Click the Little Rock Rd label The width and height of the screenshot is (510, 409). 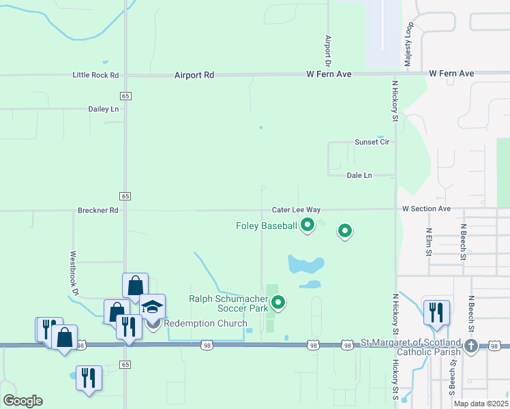(x=95, y=75)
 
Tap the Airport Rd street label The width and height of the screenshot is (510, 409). (x=194, y=75)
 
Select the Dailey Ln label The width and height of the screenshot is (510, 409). (x=104, y=109)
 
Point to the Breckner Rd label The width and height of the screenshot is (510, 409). (x=98, y=211)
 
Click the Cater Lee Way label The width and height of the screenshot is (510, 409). (x=296, y=210)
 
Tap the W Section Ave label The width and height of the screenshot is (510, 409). (x=426, y=209)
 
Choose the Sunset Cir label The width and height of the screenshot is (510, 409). (x=372, y=142)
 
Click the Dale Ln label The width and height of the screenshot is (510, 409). (x=359, y=175)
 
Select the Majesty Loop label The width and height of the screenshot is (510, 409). (x=409, y=44)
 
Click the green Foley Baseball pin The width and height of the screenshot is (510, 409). (x=307, y=224)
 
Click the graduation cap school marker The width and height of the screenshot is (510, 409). (x=153, y=307)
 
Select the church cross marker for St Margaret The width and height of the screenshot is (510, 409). (x=470, y=346)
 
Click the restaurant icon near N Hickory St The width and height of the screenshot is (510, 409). (x=436, y=312)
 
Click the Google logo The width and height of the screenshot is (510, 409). (x=22, y=400)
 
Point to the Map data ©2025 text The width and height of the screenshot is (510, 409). (x=481, y=403)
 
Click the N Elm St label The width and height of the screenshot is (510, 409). (x=429, y=241)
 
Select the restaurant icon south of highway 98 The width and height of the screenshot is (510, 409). (x=89, y=377)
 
